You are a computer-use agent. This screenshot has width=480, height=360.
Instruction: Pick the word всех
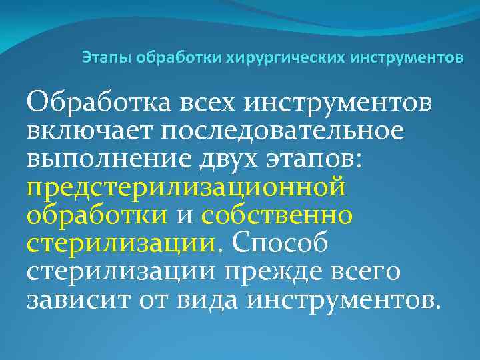point(209,104)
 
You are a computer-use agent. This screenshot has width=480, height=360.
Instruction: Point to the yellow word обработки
point(97,215)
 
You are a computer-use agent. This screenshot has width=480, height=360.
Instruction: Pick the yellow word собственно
point(277,215)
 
